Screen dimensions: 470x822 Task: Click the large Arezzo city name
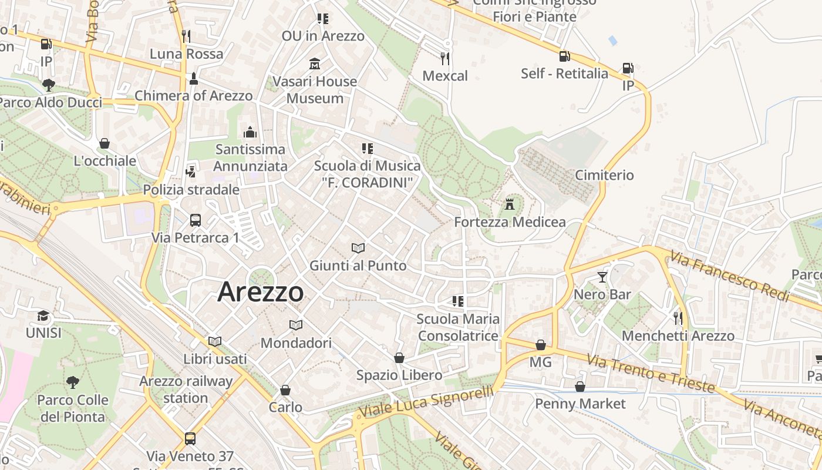261,292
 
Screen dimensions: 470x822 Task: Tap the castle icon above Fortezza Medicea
510,204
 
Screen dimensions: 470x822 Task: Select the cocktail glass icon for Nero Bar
602,277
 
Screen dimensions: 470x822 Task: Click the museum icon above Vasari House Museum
315,63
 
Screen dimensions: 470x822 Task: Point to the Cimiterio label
604,175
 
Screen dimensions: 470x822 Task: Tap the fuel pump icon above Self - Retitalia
564,56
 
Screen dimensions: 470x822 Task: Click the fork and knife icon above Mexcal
445,58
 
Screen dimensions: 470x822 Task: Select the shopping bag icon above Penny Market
580,387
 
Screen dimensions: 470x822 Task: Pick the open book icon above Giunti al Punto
358,249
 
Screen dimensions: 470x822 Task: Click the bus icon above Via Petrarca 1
196,220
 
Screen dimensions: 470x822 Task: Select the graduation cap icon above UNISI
43,316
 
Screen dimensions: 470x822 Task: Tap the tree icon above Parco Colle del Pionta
73,383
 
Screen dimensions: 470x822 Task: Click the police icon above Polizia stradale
191,172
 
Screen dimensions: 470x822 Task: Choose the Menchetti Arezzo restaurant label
678,336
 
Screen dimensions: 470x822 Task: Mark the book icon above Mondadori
296,325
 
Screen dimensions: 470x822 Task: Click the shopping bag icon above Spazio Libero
399,358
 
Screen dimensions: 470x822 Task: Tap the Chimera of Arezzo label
194,96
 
